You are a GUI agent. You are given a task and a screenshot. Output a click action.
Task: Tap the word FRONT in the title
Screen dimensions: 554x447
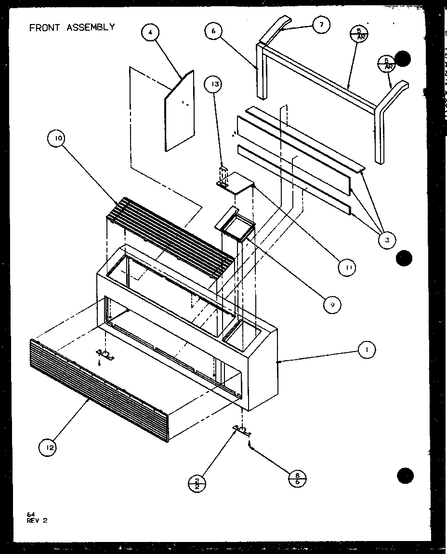44,27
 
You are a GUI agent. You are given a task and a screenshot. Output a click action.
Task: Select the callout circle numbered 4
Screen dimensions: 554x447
150,33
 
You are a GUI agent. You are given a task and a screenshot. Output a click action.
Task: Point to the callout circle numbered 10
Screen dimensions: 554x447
58,139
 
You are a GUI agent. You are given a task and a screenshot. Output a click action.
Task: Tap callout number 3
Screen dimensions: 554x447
387,239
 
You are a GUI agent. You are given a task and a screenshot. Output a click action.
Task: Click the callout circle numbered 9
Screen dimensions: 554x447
332,304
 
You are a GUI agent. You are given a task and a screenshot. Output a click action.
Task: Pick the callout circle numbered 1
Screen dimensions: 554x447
367,350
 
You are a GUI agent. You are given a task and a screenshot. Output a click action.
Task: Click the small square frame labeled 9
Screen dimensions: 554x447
235,226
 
